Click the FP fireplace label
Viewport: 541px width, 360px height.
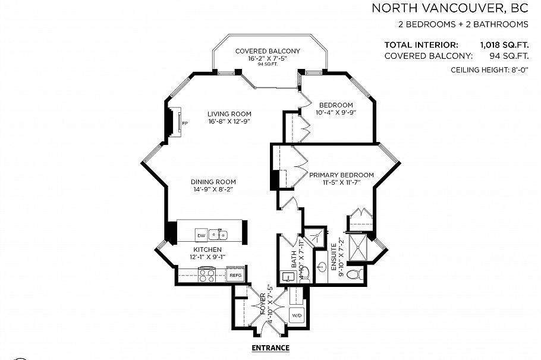(185, 124)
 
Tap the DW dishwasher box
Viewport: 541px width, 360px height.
(202, 235)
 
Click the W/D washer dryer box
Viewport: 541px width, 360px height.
(295, 314)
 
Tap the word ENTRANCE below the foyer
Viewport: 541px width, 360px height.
(270, 348)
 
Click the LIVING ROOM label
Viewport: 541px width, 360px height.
(229, 114)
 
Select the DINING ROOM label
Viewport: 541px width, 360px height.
(213, 182)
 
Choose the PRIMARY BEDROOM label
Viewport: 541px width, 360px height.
(341, 175)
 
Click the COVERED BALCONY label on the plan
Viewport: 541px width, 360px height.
(267, 52)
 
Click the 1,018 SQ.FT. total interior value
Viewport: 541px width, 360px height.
(505, 45)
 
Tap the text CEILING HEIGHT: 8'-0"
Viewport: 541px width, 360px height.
(490, 70)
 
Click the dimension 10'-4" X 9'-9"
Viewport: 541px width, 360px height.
(335, 112)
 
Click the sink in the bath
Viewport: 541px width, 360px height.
(288, 277)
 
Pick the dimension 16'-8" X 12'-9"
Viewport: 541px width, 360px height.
(229, 122)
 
